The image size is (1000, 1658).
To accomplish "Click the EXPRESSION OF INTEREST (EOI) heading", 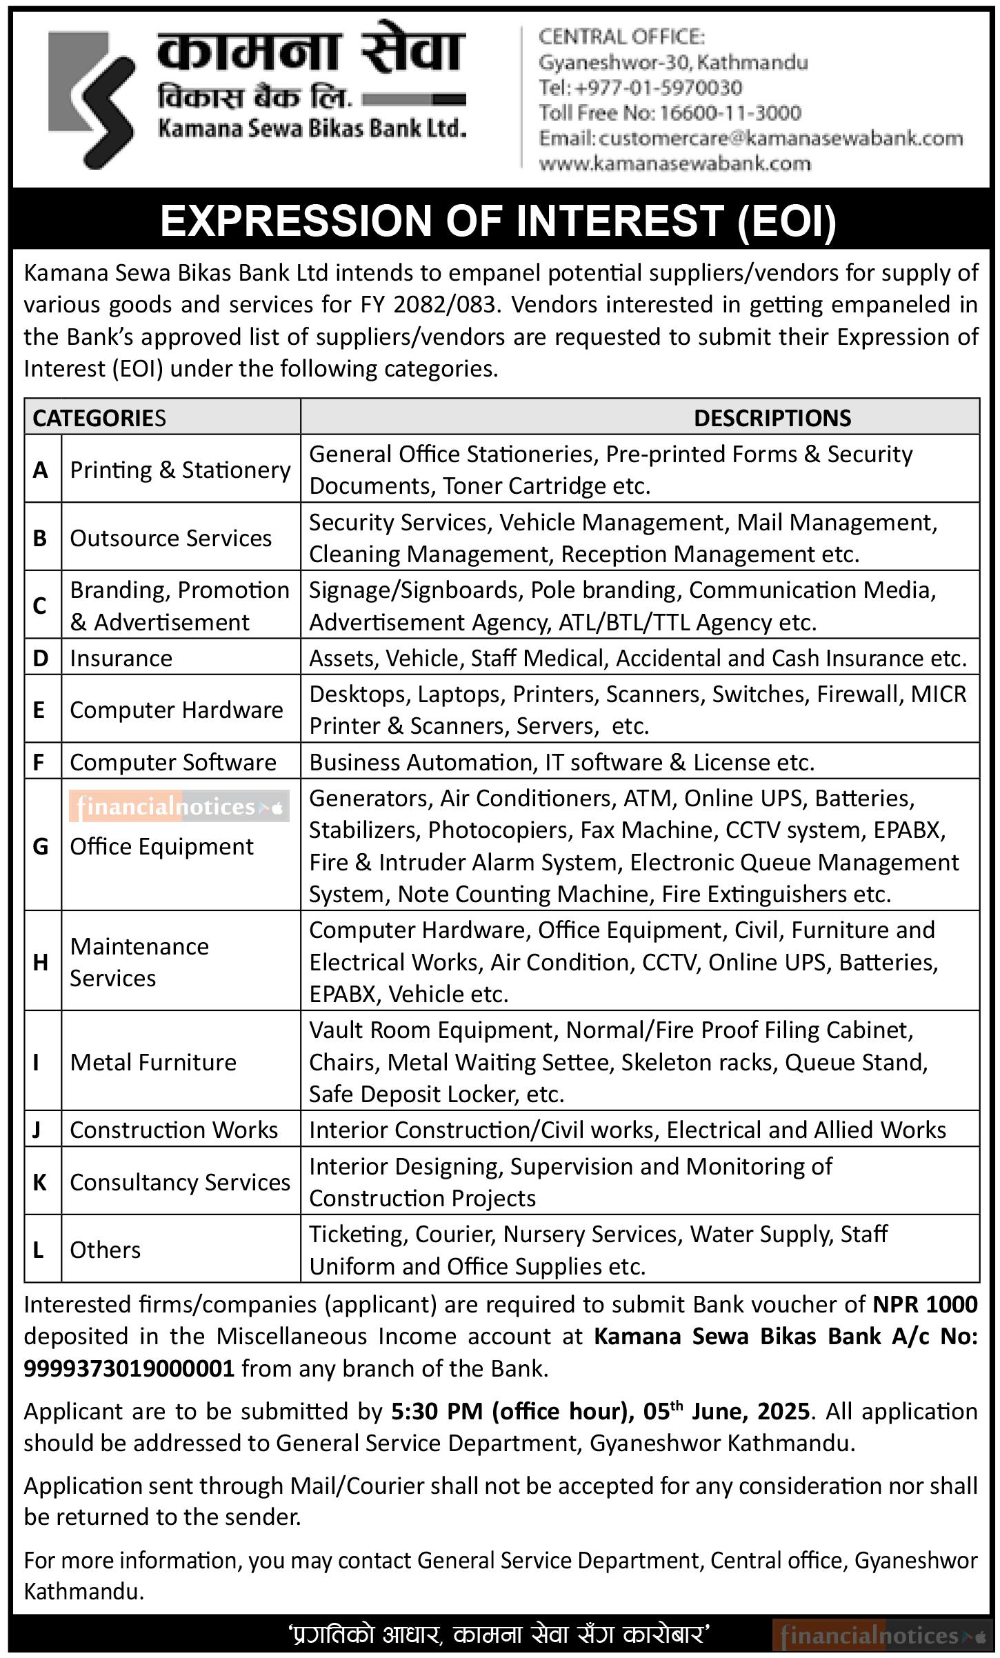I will point(498,221).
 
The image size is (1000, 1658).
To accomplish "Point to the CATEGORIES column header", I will point(99,418).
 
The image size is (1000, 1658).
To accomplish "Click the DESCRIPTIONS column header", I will point(772,418).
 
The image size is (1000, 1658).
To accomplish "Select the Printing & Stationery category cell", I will point(180,470).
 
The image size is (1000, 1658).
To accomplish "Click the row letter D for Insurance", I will point(41,658).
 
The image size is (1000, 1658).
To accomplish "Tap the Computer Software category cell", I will point(173,762).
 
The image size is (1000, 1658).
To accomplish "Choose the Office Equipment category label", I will point(162,846).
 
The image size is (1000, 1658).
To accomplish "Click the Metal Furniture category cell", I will point(153,1062).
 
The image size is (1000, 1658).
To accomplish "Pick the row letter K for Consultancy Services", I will point(40,1182).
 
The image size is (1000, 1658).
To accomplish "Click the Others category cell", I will point(106,1250).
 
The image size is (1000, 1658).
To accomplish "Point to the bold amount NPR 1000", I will point(925,1304).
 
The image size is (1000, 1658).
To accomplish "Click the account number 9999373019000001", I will point(129,1368).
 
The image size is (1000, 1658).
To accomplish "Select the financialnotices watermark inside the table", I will point(179,806).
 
